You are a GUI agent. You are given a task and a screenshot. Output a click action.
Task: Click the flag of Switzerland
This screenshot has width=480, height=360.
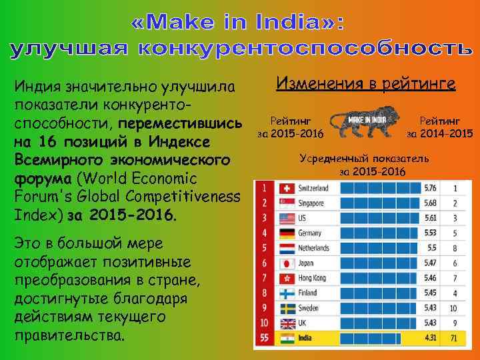coord(287,188)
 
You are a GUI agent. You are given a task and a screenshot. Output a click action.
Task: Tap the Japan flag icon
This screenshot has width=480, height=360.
coord(287,263)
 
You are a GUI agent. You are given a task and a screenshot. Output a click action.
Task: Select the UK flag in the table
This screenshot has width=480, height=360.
coord(287,323)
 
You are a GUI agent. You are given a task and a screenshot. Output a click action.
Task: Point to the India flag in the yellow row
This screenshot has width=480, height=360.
coord(287,339)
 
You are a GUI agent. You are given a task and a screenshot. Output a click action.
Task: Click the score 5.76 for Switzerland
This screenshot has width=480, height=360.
coord(430,188)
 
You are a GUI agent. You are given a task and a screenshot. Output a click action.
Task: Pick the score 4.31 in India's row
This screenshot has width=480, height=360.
coord(430,339)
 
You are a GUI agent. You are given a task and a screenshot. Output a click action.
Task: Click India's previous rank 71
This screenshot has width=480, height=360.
coord(454,339)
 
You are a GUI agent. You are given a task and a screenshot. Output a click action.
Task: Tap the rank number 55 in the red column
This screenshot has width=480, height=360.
coord(265,339)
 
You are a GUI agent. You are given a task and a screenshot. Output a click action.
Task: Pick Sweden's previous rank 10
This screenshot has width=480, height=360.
coord(454,309)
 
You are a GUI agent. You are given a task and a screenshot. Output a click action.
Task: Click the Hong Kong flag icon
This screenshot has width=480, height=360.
coord(287,278)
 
